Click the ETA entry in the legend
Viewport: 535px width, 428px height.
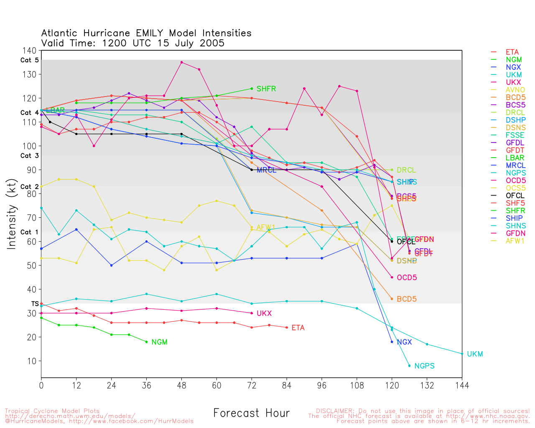[512, 52]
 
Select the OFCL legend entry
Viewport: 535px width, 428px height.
[515, 196]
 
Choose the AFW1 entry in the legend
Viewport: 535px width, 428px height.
[515, 241]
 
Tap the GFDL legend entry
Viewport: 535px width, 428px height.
[515, 143]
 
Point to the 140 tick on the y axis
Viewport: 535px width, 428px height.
[29, 51]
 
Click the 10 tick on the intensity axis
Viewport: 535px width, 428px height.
[32, 361]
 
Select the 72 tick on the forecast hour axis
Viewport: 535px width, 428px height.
[252, 385]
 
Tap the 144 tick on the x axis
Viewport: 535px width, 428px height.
[462, 385]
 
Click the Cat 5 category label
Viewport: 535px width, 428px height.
[29, 60]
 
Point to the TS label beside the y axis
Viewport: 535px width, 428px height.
[35, 304]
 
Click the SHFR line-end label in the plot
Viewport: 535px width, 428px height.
[266, 89]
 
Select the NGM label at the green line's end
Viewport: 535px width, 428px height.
[159, 342]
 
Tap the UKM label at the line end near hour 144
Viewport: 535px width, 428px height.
[475, 354]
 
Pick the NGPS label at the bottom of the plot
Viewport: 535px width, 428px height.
[424, 366]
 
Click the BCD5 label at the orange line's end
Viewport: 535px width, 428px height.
[406, 299]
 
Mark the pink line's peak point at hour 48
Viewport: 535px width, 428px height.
[181, 62]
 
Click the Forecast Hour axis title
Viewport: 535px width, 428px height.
[251, 413]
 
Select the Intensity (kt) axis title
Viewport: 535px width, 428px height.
[11, 215]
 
